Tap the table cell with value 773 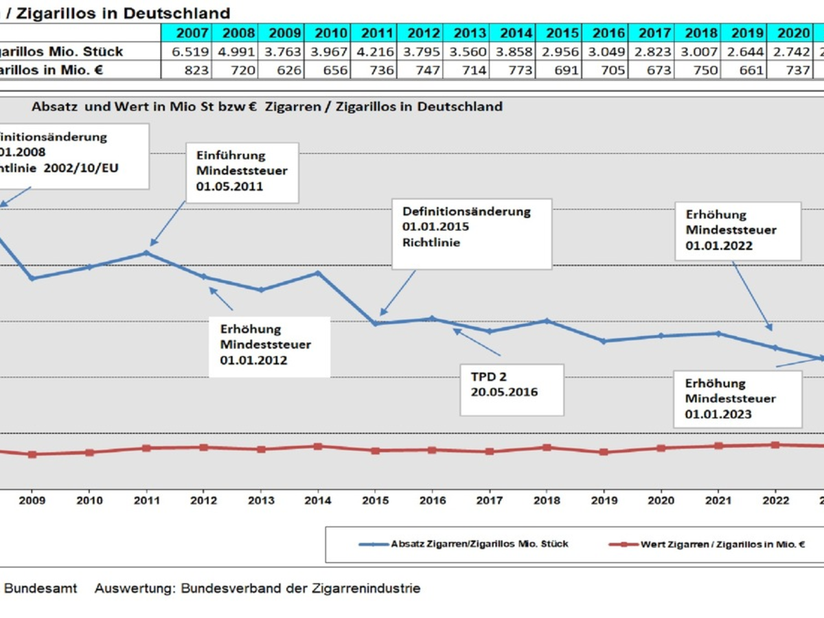tap(515, 69)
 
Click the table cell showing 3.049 tap(607, 51)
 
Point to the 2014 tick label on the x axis tap(318, 500)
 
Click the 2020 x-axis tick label tap(661, 500)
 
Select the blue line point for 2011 tap(146, 253)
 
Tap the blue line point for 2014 tap(318, 273)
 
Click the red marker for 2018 tap(547, 447)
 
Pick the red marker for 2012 tap(203, 447)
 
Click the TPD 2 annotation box tap(512, 389)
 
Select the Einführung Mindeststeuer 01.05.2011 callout tap(241, 172)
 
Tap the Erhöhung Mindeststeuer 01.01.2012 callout tap(274, 346)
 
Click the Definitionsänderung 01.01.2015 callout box tap(472, 234)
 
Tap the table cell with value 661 tap(743, 69)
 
